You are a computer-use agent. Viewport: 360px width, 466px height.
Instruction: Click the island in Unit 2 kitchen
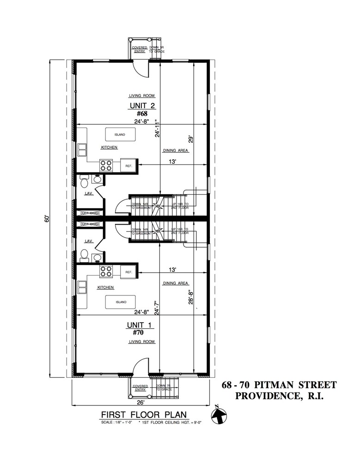(121, 135)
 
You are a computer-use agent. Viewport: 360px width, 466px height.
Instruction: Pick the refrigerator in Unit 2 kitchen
(128, 165)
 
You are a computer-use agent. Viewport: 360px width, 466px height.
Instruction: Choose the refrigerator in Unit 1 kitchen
(128, 272)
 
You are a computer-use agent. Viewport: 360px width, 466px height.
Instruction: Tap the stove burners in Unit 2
(106, 165)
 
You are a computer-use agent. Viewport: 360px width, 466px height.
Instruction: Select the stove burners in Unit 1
(106, 272)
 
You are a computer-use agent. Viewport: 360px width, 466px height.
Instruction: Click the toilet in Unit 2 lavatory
(85, 182)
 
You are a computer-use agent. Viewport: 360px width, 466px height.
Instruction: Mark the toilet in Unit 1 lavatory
(85, 255)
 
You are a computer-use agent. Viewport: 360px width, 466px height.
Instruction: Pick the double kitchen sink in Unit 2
(82, 150)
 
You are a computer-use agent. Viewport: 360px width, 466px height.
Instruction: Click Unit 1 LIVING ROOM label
(141, 342)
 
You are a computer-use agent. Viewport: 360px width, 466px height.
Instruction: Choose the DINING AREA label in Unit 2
(176, 151)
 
